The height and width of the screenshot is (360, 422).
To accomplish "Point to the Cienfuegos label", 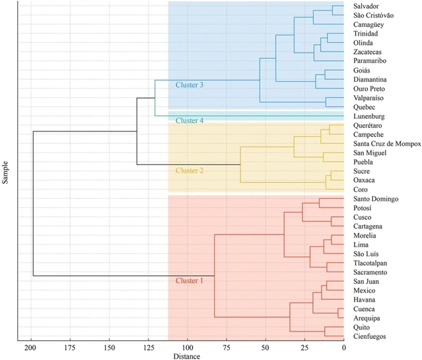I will [x=372, y=336].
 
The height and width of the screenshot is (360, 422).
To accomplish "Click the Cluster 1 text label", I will [x=190, y=281].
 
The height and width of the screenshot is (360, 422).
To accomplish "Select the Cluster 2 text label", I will [x=190, y=170].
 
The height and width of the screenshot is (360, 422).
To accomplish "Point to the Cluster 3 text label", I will [x=190, y=85].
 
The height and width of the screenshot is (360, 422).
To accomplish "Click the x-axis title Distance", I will [x=188, y=356].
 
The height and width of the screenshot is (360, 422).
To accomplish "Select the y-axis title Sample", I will [x=6, y=171].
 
